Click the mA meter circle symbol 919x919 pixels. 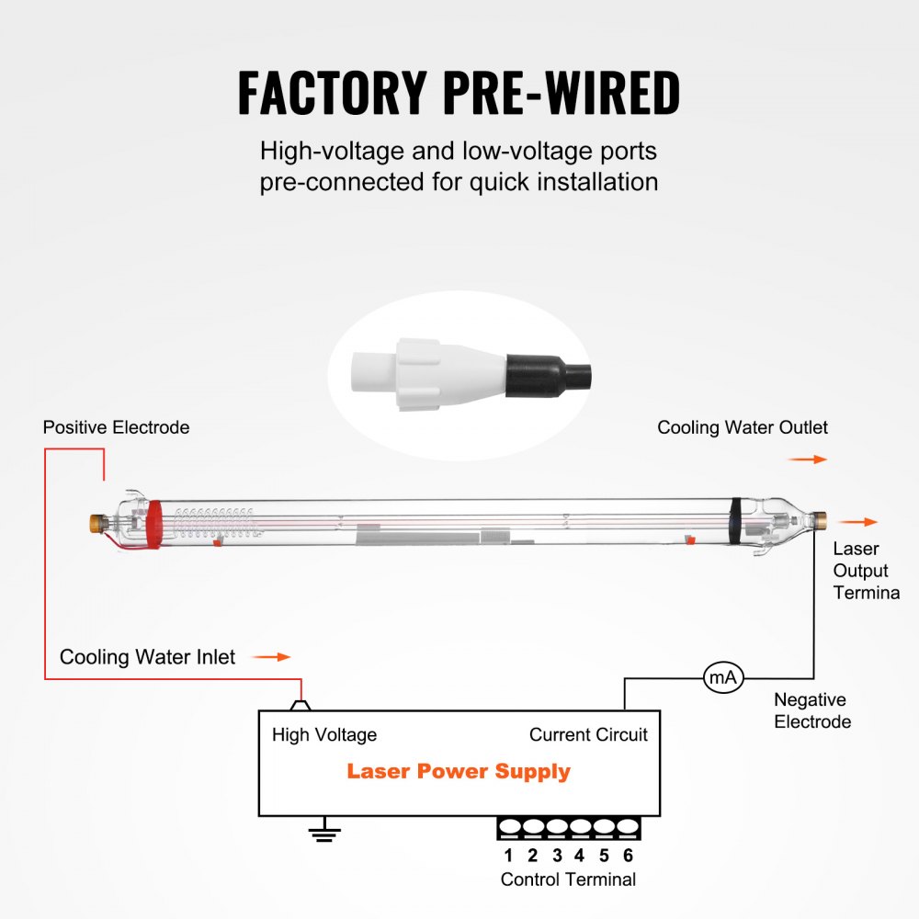[x=722, y=678]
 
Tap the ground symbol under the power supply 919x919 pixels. [x=323, y=833]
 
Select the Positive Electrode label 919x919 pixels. [x=116, y=427]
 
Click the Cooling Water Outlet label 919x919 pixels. [x=743, y=427]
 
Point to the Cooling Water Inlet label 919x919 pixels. [x=147, y=657]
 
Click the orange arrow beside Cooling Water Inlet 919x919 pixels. [x=271, y=657]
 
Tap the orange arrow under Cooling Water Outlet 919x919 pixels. [x=808, y=459]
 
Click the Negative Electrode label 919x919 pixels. [x=812, y=710]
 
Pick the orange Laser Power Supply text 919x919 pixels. [x=459, y=771]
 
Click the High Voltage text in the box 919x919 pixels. [x=324, y=734]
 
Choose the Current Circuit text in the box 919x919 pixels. [x=588, y=734]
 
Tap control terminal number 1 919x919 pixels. [x=508, y=856]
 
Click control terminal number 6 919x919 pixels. [x=628, y=856]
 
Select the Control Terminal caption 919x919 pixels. [x=568, y=879]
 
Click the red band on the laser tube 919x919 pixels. [x=153, y=524]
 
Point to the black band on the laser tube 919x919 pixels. [x=735, y=521]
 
